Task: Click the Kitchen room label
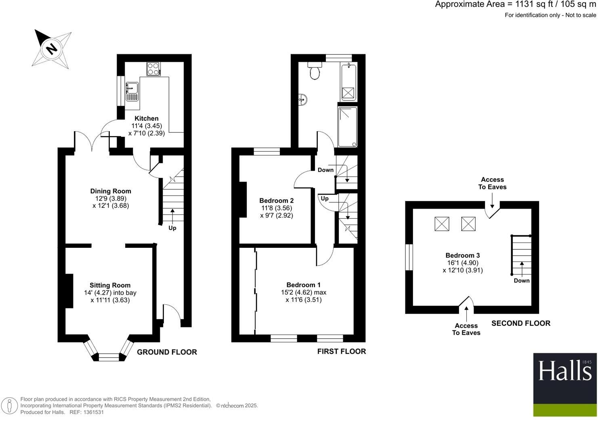(x=146, y=118)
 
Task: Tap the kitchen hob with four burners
(x=153, y=69)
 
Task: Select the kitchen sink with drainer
(x=132, y=91)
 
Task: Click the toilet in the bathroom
(x=314, y=71)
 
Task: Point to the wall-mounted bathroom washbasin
(x=303, y=98)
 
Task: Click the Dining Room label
(x=110, y=191)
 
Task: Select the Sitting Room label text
(x=110, y=285)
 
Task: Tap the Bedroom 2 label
(x=276, y=201)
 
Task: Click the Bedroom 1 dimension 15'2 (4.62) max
(x=303, y=292)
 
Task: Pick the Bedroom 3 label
(x=462, y=255)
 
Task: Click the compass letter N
(x=51, y=49)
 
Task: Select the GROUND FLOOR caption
(x=167, y=352)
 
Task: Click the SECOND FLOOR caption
(x=520, y=323)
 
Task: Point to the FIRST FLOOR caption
(x=341, y=352)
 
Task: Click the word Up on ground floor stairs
(x=172, y=228)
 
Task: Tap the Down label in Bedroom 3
(x=521, y=281)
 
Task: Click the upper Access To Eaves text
(x=492, y=183)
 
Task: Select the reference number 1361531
(x=92, y=412)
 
